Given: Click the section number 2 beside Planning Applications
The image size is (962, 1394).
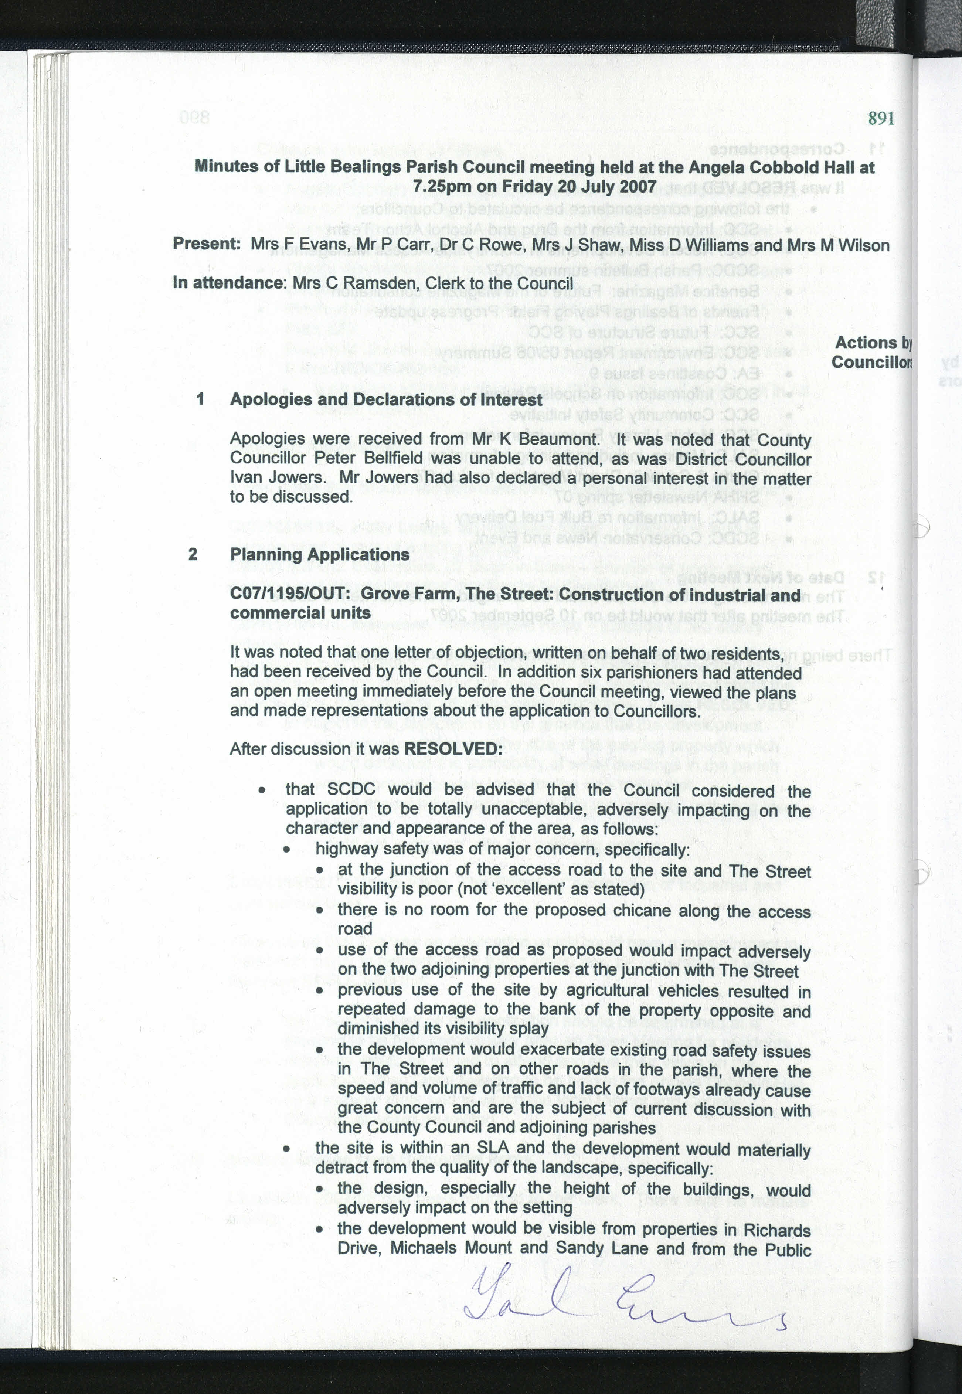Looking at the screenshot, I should [193, 554].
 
